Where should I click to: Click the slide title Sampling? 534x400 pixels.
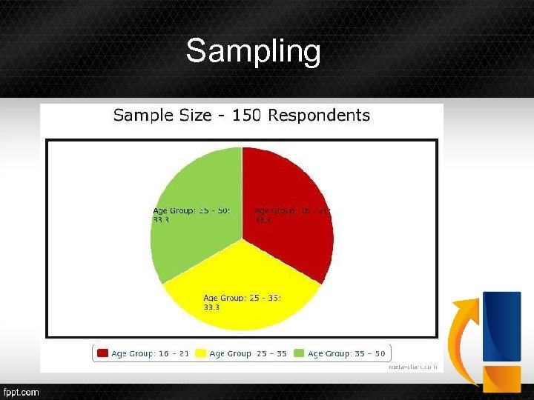[253, 52]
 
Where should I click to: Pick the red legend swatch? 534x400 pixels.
[102, 353]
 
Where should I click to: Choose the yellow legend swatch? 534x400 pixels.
[200, 353]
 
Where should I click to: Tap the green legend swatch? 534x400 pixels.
[299, 353]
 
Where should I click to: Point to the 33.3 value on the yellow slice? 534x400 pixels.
[211, 307]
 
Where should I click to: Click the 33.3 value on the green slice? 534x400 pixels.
[161, 219]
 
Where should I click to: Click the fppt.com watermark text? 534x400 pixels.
[21, 392]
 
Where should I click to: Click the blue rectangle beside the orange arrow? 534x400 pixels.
[501, 326]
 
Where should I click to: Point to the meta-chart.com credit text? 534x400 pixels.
[413, 366]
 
